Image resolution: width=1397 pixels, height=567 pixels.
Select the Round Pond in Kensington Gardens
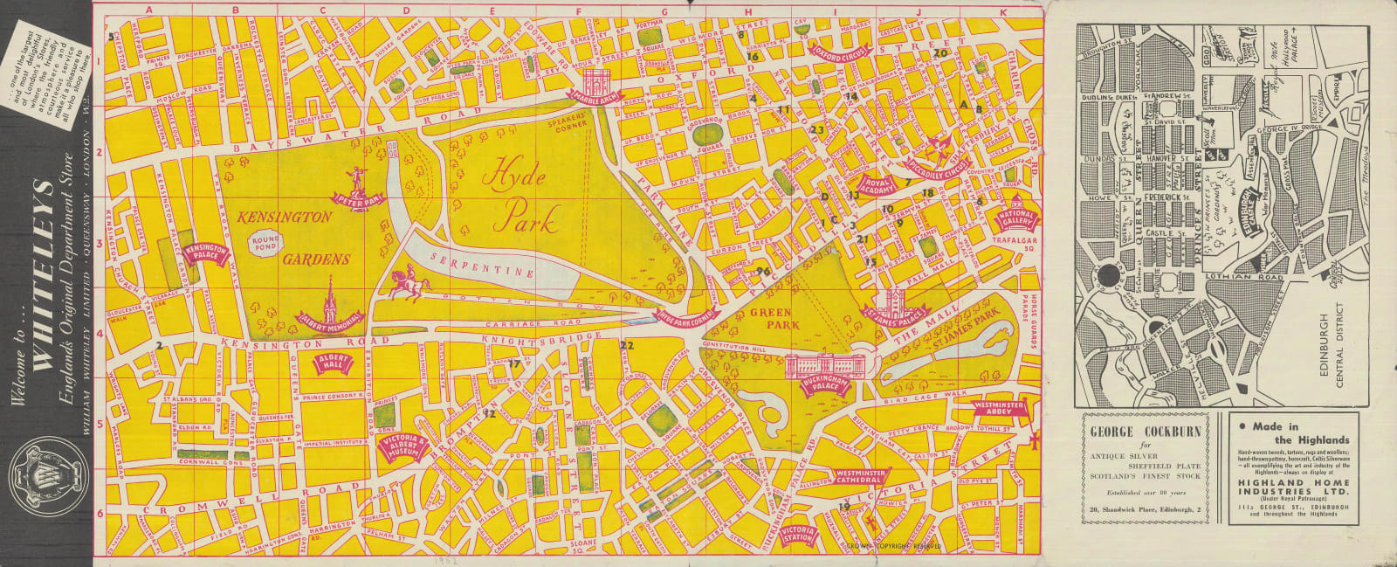[266, 242]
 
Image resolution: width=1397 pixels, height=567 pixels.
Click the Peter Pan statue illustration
[356, 180]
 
